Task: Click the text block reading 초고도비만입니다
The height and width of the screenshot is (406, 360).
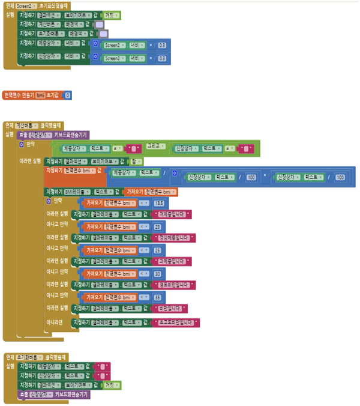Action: point(177,323)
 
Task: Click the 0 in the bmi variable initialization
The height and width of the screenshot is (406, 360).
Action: point(67,95)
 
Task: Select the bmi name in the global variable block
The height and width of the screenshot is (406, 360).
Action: point(41,95)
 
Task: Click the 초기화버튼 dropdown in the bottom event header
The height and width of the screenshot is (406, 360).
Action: point(26,357)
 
